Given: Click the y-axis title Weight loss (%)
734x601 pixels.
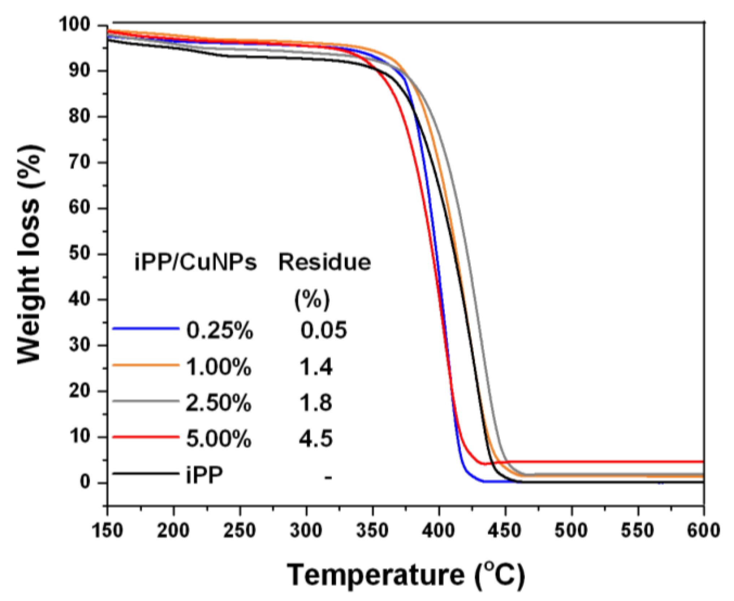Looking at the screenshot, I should (x=30, y=254).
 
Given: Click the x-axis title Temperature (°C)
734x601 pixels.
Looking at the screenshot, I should (x=405, y=574).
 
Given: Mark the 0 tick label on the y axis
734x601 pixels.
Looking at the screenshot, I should (x=86, y=483).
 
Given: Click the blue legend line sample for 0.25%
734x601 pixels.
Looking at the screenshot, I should (x=146, y=329).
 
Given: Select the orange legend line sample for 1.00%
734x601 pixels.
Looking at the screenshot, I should (x=146, y=365).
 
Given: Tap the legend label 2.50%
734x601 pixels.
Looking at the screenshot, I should (x=219, y=403).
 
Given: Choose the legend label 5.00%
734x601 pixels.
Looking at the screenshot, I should (x=219, y=439).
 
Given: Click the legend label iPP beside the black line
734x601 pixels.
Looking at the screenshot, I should (x=204, y=475).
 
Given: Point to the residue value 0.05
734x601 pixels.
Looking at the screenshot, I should (x=323, y=330).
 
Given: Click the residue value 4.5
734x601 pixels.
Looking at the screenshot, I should (x=316, y=439).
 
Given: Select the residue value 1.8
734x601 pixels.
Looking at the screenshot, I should (x=316, y=403).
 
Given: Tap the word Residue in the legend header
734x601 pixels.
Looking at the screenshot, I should (x=324, y=263).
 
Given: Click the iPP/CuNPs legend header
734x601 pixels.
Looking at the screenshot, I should (x=195, y=263).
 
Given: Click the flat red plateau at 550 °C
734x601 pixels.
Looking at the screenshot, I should (x=638, y=462).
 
